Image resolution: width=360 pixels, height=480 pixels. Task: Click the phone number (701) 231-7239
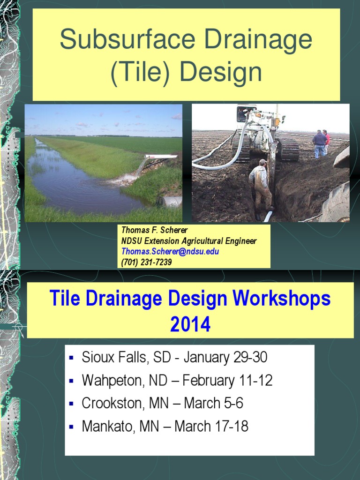(x=146, y=262)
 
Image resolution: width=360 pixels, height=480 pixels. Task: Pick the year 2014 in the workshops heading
(x=190, y=324)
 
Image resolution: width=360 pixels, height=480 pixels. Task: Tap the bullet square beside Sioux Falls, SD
(x=72, y=358)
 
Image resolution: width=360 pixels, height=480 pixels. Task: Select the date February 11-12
(x=227, y=381)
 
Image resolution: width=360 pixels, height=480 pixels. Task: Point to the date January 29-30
(x=225, y=358)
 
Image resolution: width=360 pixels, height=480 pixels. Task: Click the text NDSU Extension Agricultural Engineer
(x=189, y=241)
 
